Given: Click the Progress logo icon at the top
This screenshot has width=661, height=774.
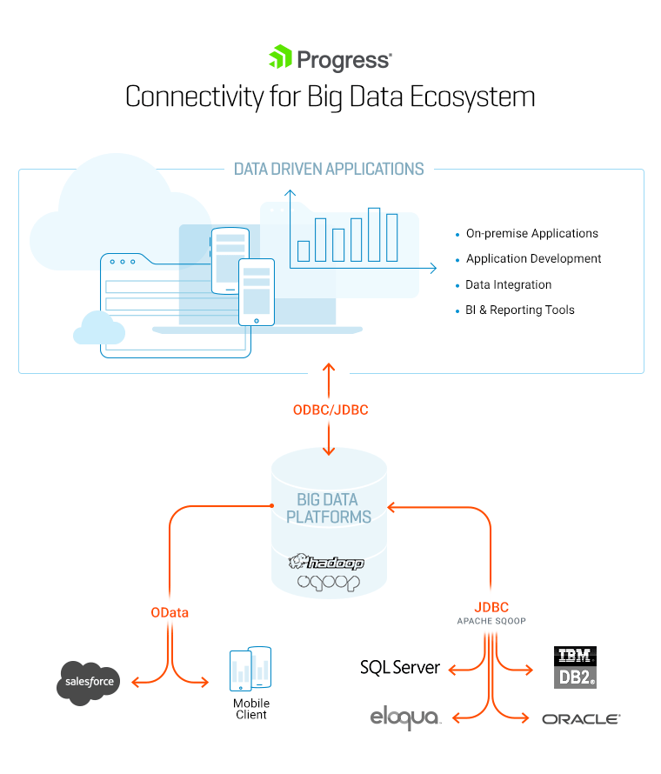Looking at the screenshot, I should pyautogui.click(x=280, y=58).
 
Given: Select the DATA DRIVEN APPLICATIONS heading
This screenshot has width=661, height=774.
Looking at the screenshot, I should pyautogui.click(x=329, y=169).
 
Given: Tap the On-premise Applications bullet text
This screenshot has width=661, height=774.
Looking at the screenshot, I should pyautogui.click(x=532, y=233).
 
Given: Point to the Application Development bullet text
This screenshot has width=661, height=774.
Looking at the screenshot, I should pyautogui.click(x=533, y=258).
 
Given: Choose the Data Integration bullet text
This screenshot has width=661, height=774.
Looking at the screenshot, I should pyautogui.click(x=509, y=284).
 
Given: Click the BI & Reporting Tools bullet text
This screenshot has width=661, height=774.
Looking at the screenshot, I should pyautogui.click(x=520, y=310).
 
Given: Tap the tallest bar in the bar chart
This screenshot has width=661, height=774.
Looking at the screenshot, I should pyautogui.click(x=375, y=234).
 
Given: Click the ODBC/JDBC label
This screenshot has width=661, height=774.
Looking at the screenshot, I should pyautogui.click(x=330, y=410).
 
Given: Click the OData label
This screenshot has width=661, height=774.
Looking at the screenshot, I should pyautogui.click(x=170, y=612).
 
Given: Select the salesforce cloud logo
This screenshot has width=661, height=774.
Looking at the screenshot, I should pyautogui.click(x=89, y=681).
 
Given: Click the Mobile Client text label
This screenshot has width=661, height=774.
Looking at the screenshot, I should pyautogui.click(x=250, y=709).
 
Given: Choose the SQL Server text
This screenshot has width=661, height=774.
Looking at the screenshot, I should pyautogui.click(x=400, y=668).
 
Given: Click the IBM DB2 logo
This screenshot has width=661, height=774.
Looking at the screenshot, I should pyautogui.click(x=575, y=667).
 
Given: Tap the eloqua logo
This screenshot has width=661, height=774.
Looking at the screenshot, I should pyautogui.click(x=404, y=718).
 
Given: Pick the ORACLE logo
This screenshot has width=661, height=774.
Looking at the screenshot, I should pyautogui.click(x=580, y=719).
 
